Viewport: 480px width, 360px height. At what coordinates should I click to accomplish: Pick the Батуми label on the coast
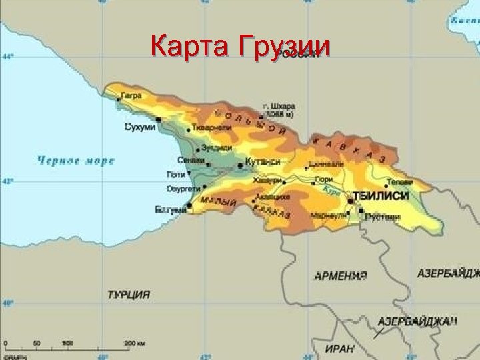(170, 210)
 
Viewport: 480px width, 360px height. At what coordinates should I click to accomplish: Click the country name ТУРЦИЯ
(128, 294)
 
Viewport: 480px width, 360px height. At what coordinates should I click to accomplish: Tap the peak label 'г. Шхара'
(281, 106)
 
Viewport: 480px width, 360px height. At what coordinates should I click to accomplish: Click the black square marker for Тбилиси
(350, 201)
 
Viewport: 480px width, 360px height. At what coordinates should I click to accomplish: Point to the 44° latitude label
(9, 56)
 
